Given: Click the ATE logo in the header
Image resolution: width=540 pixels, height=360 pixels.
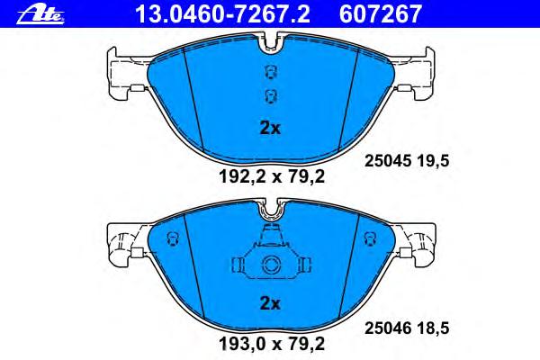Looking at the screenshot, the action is [x=40, y=14].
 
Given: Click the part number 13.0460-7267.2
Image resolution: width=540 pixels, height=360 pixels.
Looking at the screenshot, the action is [x=223, y=14].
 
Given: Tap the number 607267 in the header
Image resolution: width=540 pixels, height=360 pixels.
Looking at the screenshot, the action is [x=381, y=14].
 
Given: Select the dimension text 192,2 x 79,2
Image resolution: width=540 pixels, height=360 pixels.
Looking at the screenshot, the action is [x=272, y=177].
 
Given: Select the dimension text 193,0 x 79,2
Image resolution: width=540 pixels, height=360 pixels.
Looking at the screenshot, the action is [x=272, y=344].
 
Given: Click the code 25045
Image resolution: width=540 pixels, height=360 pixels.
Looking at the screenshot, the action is [x=388, y=161].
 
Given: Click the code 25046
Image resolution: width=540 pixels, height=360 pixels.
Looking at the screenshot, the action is [x=388, y=328].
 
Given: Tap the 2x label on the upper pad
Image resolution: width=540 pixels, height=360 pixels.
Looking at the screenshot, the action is [x=270, y=129].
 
